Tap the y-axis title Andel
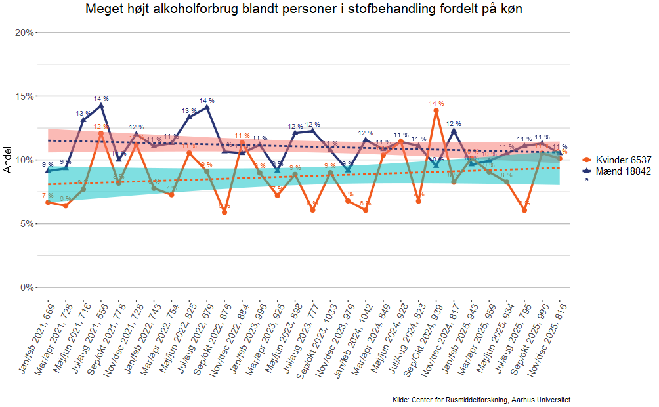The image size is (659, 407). [x=8, y=160]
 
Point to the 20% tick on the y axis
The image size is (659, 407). [x=25, y=32]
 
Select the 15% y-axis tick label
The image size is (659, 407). [x=25, y=96]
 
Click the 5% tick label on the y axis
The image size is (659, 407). [x=27, y=223]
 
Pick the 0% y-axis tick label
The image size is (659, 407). [x=27, y=287]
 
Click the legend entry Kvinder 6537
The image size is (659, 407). [x=623, y=160]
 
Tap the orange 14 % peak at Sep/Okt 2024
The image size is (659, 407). [x=436, y=111]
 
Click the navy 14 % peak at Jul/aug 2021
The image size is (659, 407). [x=101, y=105]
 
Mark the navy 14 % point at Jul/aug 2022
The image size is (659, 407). [x=207, y=106]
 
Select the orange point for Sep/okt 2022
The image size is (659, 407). [x=224, y=212]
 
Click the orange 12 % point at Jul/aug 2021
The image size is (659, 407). [x=101, y=134]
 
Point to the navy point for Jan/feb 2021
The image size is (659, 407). [x=48, y=170]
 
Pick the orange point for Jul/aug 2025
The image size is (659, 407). [x=524, y=210]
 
